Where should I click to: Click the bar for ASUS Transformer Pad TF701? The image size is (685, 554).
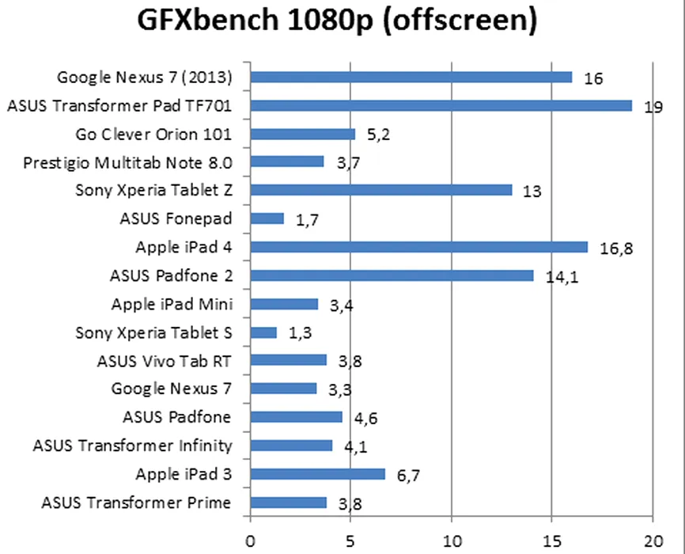point(441,105)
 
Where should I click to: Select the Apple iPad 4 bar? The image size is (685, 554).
point(419,247)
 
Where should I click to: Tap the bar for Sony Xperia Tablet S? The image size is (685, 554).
point(263,332)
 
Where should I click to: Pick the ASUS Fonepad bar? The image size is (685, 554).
point(267,218)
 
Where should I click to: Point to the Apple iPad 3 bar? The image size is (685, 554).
point(317,474)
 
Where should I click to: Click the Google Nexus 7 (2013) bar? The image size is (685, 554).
point(411,77)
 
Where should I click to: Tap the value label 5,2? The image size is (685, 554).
point(378,135)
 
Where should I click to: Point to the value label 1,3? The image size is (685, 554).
point(300,334)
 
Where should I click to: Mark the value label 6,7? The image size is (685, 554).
point(408,476)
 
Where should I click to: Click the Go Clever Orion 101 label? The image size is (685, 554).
point(153,133)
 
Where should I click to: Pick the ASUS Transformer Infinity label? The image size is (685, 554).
point(133,446)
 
